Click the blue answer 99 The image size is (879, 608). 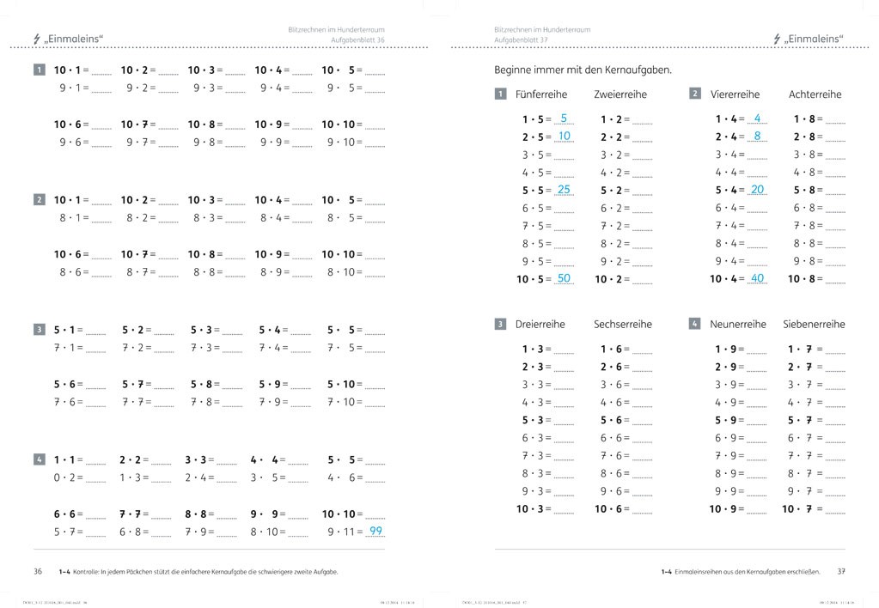tap(375, 531)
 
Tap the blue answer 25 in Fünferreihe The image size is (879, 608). tap(564, 190)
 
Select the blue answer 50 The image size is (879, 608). tap(564, 278)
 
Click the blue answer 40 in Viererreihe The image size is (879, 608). tap(757, 278)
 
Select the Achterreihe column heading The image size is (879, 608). tap(815, 94)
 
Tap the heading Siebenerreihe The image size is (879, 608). tap(814, 325)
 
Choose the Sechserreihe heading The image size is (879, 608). tap(622, 325)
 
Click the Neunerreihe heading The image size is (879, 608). tap(737, 325)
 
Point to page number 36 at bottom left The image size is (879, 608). tap(38, 571)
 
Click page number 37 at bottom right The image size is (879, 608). tap(841, 571)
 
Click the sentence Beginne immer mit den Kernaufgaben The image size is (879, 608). tap(583, 70)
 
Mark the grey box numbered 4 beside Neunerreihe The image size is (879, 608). tap(694, 325)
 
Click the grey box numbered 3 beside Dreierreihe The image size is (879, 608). tap(500, 325)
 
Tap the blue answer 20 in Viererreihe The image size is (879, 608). tap(757, 190)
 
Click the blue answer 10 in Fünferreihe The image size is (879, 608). tap(564, 137)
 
